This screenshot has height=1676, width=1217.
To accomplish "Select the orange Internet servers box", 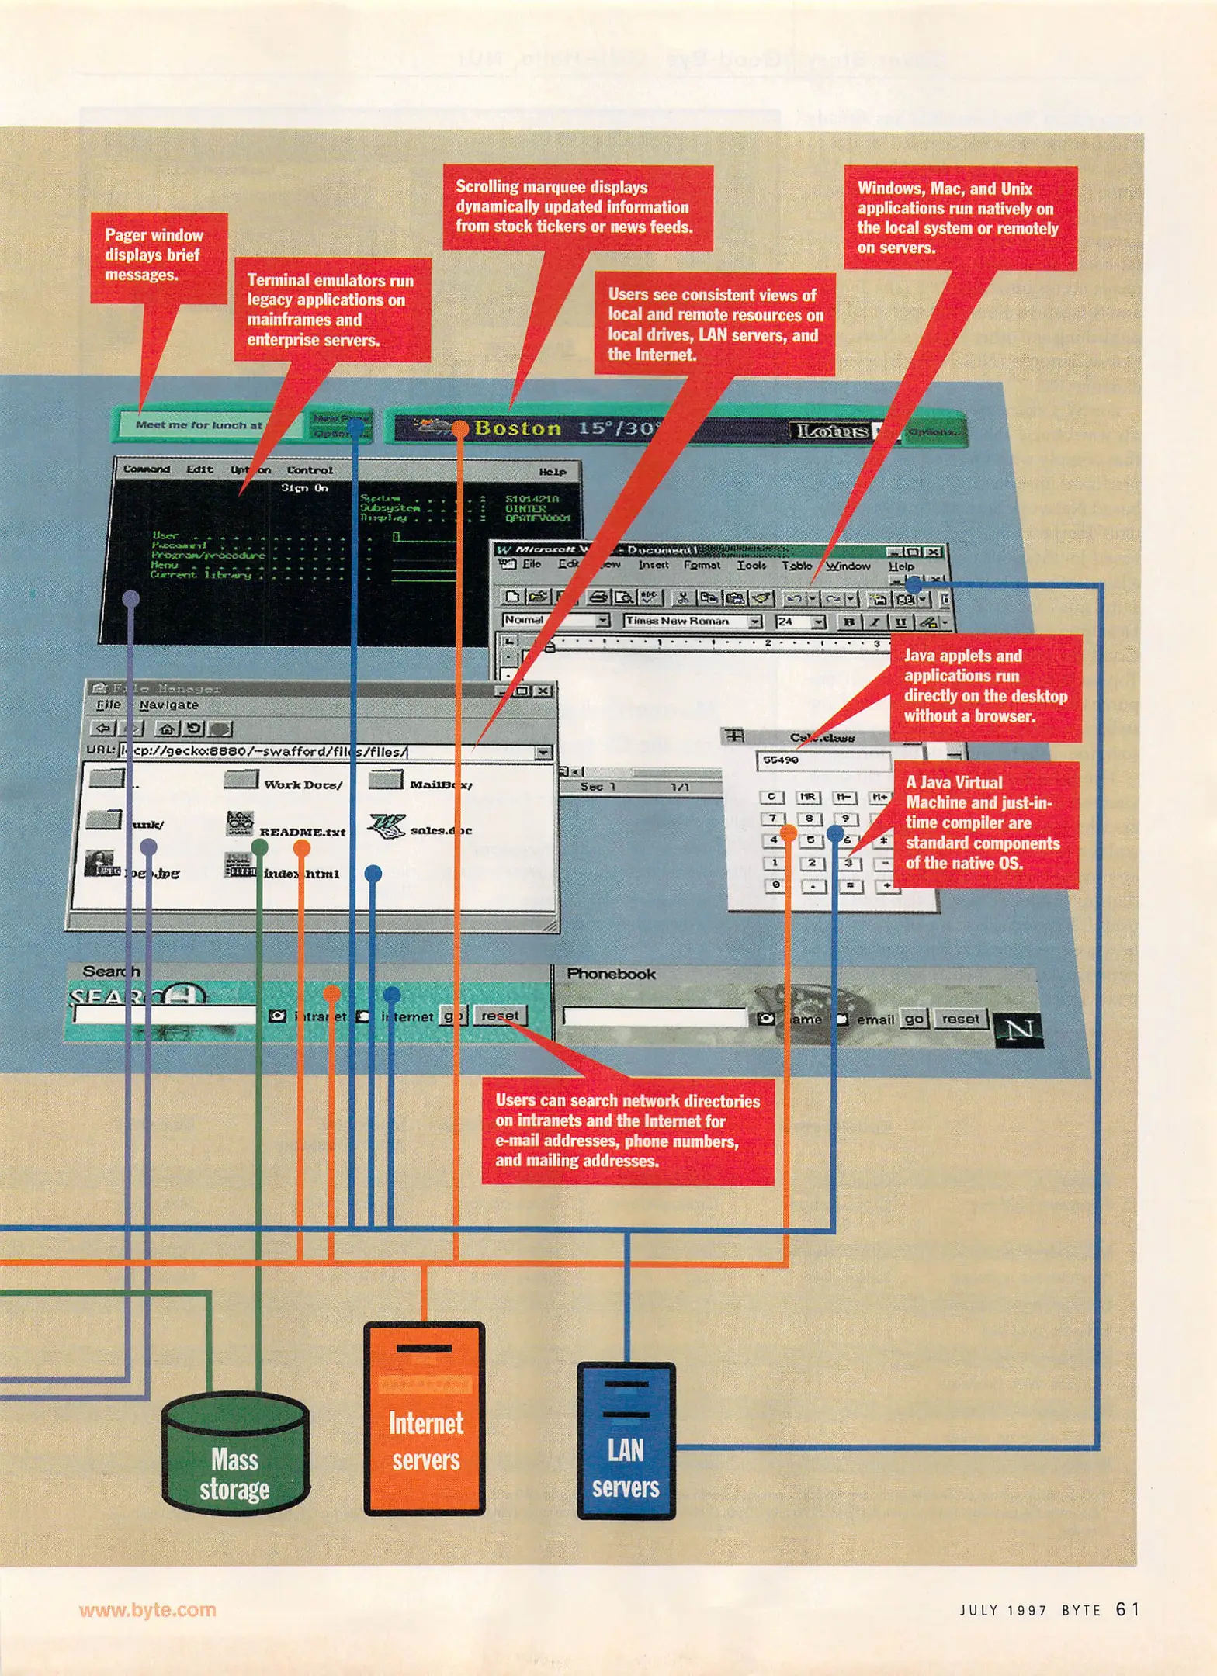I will tap(425, 1420).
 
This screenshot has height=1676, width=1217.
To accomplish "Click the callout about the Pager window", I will tap(158, 256).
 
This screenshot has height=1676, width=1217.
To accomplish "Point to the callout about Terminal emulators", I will tap(331, 310).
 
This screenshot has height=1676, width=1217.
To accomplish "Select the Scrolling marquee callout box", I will tap(577, 207).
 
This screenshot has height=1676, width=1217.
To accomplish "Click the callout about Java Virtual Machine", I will tap(984, 823).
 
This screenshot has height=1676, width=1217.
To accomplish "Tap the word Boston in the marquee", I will tap(517, 428).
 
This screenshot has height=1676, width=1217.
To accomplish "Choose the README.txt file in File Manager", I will tap(301, 831).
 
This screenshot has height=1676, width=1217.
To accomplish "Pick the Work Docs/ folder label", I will tap(302, 784).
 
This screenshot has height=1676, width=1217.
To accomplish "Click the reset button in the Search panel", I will tap(500, 1016).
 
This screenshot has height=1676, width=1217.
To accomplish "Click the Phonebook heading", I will tap(611, 974).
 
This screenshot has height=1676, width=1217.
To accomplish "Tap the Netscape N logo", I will tap(1018, 1030).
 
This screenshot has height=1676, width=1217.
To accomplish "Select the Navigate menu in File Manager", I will tap(168, 705).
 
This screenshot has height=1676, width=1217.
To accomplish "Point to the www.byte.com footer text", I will tap(147, 1609).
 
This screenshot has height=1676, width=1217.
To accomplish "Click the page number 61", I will tap(1127, 1609).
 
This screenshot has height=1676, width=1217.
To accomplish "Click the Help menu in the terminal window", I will tap(553, 472).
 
